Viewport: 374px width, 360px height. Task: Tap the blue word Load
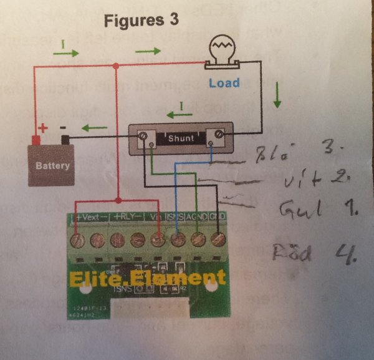[x=224, y=83]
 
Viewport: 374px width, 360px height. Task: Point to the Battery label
[x=53, y=167]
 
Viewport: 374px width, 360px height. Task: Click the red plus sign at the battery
[x=43, y=129]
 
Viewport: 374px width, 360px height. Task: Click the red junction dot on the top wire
[x=117, y=66]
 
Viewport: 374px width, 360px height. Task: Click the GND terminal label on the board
[x=218, y=216]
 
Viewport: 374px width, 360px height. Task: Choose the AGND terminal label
[x=199, y=216]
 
